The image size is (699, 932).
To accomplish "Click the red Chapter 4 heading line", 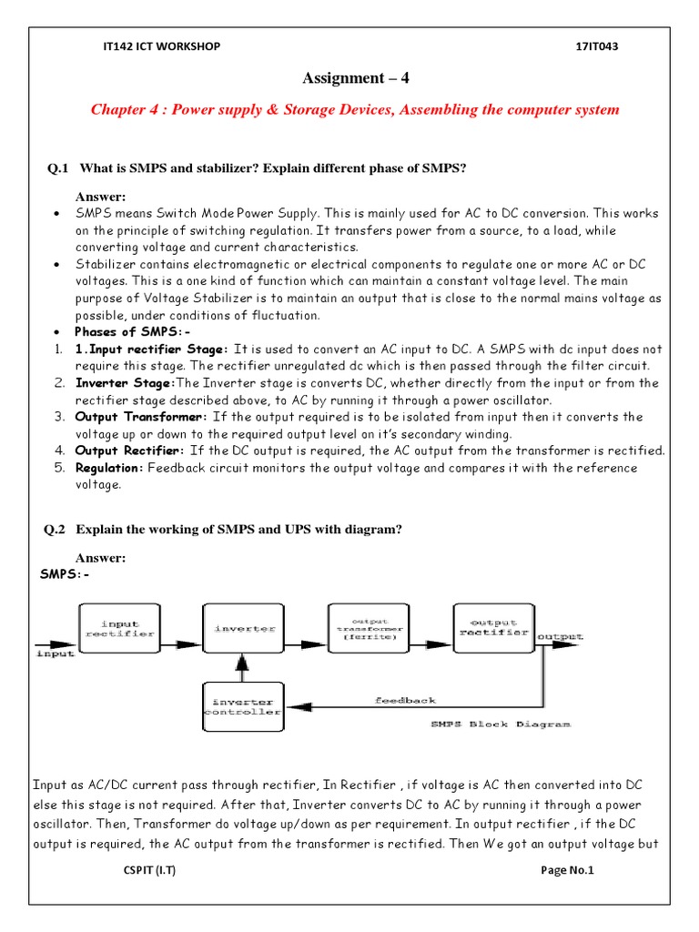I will tap(355, 109).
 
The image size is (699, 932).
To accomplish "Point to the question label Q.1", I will tap(58, 169).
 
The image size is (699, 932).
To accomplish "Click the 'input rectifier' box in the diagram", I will tap(120, 629).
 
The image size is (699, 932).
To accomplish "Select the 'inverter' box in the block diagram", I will tap(240, 628).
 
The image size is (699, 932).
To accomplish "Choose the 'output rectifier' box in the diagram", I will tap(492, 627).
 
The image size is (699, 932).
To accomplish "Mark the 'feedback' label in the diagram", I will tap(406, 700).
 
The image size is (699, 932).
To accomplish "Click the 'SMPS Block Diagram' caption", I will tap(500, 724).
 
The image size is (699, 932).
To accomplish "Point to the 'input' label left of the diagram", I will tap(55, 653).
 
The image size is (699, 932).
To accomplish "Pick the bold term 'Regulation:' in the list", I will tap(109, 468).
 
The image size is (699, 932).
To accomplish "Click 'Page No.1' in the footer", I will tap(566, 871).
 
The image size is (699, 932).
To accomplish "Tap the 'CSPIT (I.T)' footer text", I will tap(150, 871).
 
